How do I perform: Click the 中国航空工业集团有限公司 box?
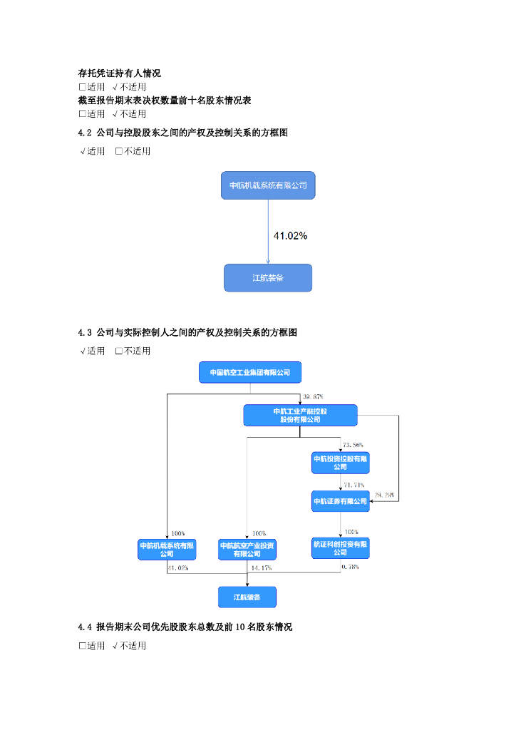coord(249,372)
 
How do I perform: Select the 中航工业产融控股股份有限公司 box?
coord(300,416)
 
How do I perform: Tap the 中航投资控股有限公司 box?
coord(340,463)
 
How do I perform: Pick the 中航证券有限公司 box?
coord(340,501)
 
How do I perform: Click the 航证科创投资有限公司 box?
coord(340,548)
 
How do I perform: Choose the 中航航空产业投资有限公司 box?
coord(247,549)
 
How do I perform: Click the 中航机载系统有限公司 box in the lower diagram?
coord(167,549)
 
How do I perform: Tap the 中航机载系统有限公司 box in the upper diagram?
coord(268,185)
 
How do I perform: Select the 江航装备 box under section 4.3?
coord(247,597)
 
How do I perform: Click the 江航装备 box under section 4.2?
coord(268,277)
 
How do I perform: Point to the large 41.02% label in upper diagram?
coord(291,235)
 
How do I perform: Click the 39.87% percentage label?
coord(314,396)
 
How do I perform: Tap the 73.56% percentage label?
coord(353,445)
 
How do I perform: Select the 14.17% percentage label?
coord(261,567)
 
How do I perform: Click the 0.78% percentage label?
coord(350,567)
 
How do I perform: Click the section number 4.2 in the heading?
coord(86,133)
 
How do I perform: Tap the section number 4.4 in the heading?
coord(86,627)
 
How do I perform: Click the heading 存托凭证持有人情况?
coord(119,73)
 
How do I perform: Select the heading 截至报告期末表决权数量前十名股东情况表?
coord(164,101)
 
